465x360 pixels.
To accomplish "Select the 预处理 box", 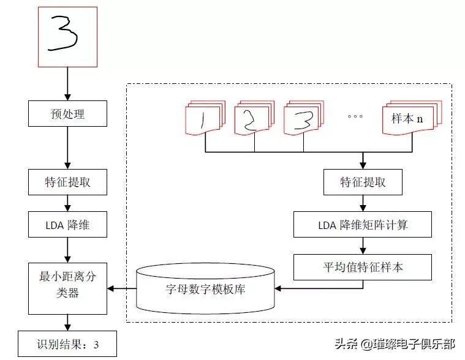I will click(67, 114).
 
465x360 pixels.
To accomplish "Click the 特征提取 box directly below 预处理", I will click(67, 182).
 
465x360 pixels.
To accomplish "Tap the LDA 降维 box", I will click(67, 225).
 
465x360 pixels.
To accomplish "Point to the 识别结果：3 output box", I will click(66, 344).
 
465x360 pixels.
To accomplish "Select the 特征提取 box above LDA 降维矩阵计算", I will click(363, 182).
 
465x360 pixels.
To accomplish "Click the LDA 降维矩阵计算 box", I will click(363, 225).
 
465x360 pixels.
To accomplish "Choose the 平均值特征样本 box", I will click(363, 268).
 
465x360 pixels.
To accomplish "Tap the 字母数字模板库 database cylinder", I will click(206, 288).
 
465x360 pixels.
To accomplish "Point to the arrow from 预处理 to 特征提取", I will click(67, 148).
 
